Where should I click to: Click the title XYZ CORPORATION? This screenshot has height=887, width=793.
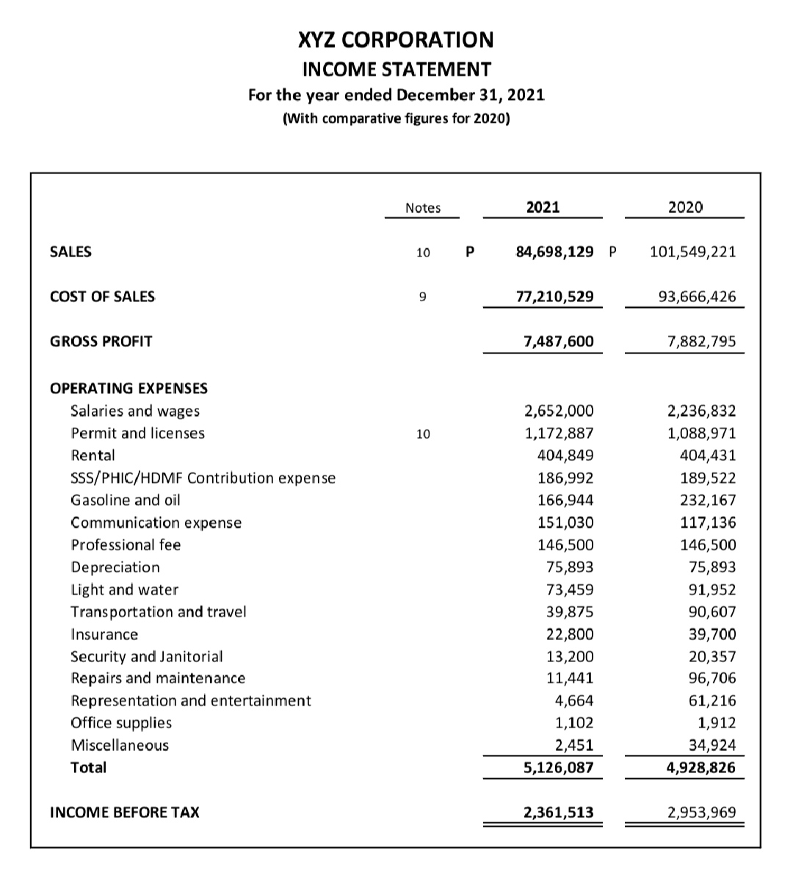pyautogui.click(x=396, y=39)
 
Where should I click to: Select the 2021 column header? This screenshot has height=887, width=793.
pyautogui.click(x=543, y=207)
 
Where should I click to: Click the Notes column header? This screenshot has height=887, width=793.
pyautogui.click(x=423, y=208)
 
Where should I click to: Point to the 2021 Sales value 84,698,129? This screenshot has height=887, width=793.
pyautogui.click(x=554, y=252)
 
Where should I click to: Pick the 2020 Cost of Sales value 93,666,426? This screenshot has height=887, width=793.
pyautogui.click(x=693, y=297)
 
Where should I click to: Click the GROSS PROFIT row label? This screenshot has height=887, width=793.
pyautogui.click(x=101, y=342)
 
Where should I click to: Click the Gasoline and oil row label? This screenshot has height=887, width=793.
pyautogui.click(x=125, y=500)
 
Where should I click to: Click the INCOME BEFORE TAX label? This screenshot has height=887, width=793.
pyautogui.click(x=124, y=812)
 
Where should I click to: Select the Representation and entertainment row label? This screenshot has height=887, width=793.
pyautogui.click(x=191, y=700)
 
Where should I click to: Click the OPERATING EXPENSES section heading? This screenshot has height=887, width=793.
pyautogui.click(x=128, y=387)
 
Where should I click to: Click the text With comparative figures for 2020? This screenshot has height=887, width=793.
pyautogui.click(x=396, y=118)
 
